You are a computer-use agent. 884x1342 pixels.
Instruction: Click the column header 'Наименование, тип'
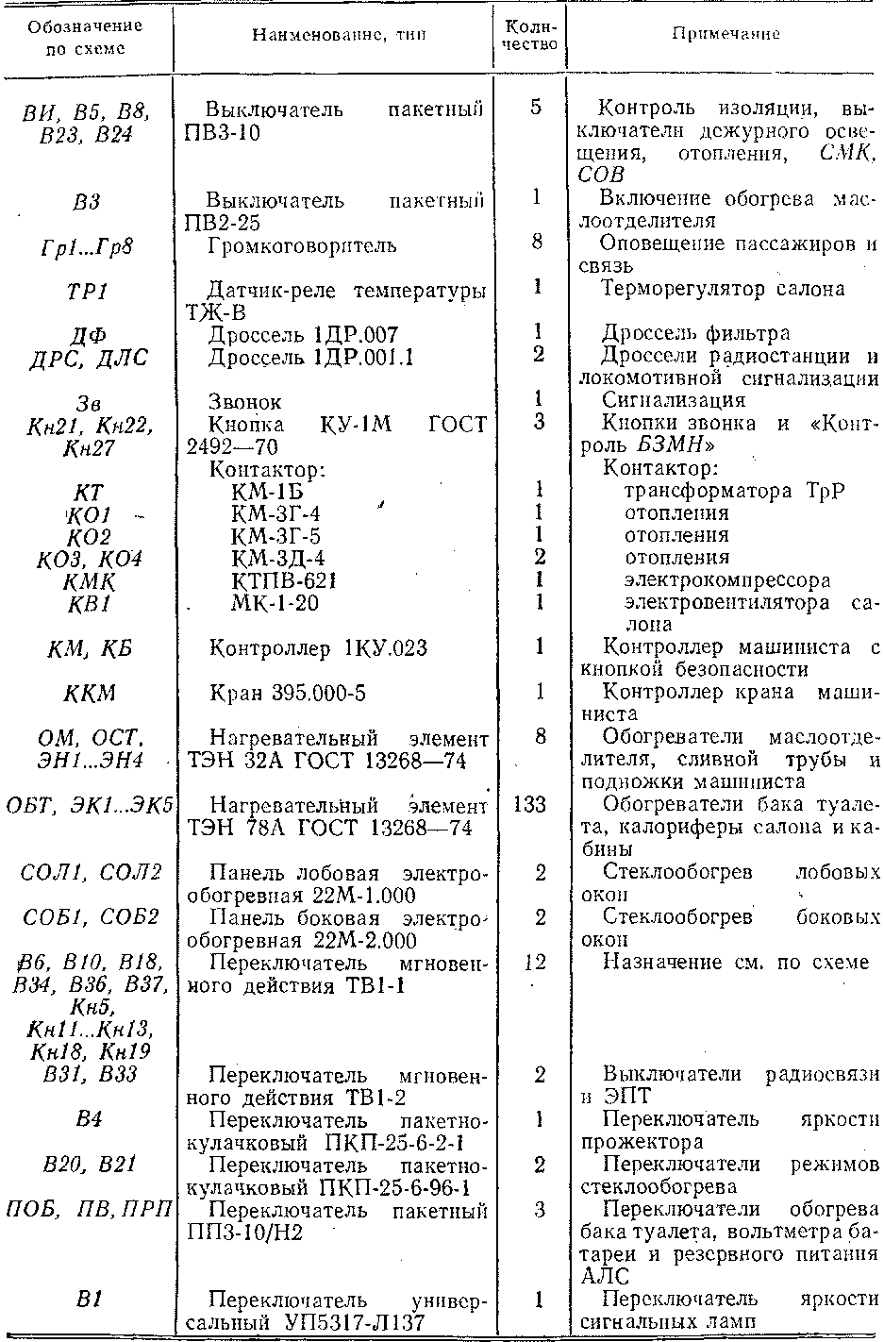338,36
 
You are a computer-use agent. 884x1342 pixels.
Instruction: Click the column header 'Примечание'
726,35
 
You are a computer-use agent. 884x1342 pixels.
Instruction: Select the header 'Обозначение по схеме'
85,38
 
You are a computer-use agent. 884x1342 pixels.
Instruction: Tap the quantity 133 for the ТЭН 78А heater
536,805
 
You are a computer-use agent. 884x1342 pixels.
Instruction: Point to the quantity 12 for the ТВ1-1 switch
536,963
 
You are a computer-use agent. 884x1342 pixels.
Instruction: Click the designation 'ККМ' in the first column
90,694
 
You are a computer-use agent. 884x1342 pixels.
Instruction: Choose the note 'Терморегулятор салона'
723,289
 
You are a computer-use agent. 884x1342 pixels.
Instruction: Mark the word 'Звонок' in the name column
244,402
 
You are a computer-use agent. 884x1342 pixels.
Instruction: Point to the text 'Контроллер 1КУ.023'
318,648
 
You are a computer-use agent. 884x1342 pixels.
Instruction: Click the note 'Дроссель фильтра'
695,334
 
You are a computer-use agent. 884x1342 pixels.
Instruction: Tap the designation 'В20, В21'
89,1166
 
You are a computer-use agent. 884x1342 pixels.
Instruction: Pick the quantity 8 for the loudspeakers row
536,243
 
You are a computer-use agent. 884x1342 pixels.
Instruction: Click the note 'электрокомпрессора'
727,580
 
